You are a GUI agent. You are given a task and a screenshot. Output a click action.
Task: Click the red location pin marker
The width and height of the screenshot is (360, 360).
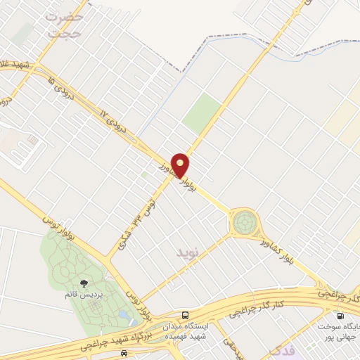click(x=181, y=165)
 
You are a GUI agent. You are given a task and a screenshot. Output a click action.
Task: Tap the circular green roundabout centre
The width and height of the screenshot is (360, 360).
click(x=244, y=223)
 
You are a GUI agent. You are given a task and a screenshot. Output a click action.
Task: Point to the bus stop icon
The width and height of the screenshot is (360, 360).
click(x=185, y=316)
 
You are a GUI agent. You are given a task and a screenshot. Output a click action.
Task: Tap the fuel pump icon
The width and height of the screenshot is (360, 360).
click(x=341, y=316)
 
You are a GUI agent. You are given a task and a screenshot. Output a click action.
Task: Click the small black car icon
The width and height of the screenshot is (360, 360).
click(x=124, y=352)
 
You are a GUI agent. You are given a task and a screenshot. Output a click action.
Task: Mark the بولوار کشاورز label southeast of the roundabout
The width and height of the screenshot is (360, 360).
click(x=288, y=257)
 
